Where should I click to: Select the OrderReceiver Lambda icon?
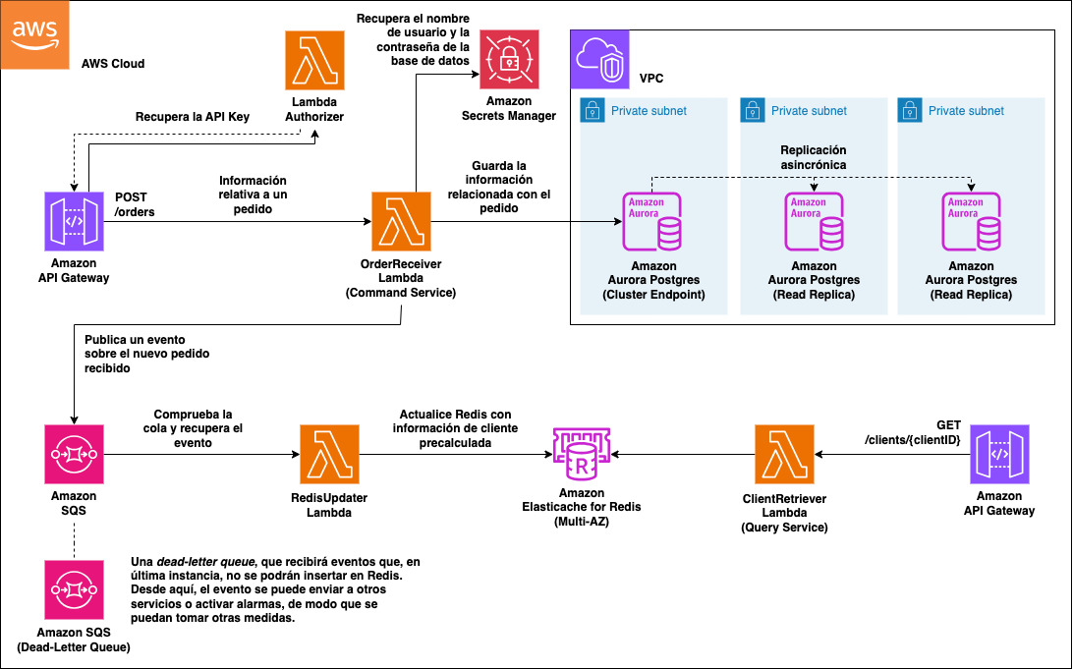(401, 221)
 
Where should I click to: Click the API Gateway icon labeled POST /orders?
(74, 221)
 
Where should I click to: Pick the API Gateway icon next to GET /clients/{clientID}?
(999, 454)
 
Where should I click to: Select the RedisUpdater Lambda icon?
(329, 454)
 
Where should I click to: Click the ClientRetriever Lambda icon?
(783, 454)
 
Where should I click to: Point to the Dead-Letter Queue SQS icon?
(74, 589)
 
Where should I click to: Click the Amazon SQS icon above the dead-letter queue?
(74, 454)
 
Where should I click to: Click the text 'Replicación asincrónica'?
(813, 157)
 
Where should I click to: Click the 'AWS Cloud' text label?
(113, 64)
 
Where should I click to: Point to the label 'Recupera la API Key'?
(193, 117)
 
